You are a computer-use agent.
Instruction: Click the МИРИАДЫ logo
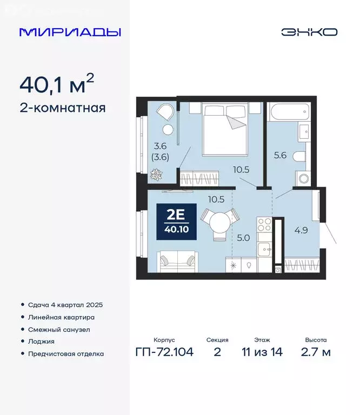tap(70, 32)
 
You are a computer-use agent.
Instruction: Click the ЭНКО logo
tap(309, 32)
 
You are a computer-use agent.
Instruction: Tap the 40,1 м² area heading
tap(57, 84)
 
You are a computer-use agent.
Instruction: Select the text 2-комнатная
tap(62, 108)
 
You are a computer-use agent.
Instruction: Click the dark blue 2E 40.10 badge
tap(176, 221)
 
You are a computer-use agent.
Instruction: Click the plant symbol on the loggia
tap(156, 175)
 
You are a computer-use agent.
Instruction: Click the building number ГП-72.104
tap(165, 352)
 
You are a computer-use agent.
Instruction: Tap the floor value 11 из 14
tap(262, 352)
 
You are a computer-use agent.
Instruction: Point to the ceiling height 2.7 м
tap(316, 352)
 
